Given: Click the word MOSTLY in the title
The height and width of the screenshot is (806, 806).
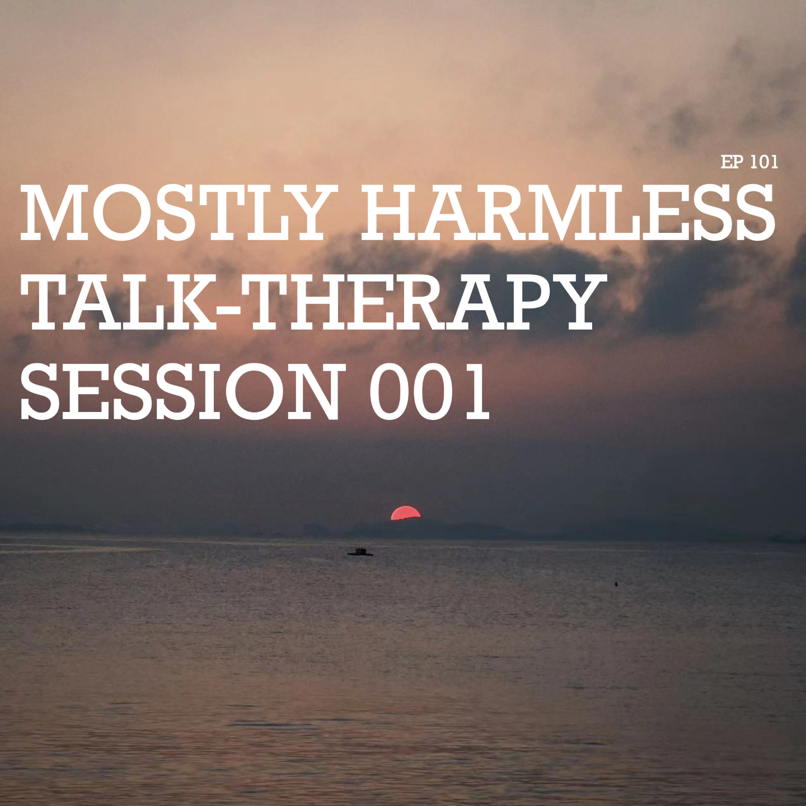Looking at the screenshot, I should pos(178,213).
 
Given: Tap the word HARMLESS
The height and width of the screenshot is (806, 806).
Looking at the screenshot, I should pos(568,213).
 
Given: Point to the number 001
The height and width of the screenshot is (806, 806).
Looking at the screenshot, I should pos(429,391).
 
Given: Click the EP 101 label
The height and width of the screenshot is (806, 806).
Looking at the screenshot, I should pos(749,162).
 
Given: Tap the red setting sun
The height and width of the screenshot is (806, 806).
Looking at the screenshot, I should pos(405,514).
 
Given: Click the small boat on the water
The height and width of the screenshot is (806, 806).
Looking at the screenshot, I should pos(360,552).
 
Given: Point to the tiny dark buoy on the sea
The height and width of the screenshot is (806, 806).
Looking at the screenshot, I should pos(616,584).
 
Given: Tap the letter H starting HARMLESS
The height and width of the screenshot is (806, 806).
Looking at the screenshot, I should pos(391,213).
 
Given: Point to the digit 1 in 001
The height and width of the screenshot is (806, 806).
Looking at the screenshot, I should pos(476,391).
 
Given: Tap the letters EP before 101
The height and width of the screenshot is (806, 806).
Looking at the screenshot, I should pos(732,162).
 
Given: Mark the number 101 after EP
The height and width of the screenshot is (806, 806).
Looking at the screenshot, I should pos(764,162).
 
